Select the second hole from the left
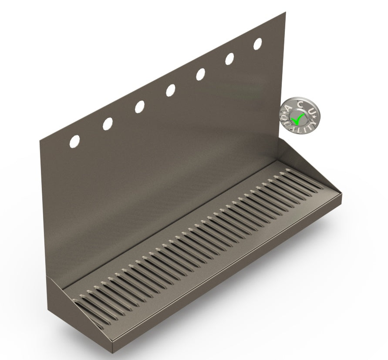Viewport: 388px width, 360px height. tap(108, 124)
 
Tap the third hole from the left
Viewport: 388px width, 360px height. tap(139, 107)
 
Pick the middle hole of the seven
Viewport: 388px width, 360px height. tap(170, 90)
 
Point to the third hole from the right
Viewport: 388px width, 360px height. tap(200, 74)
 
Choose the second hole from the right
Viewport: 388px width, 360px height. tap(229, 59)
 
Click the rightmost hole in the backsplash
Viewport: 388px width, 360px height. tap(258, 44)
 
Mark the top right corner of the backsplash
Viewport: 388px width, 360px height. tap(285, 13)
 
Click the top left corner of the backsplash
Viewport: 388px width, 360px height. tap(40, 140)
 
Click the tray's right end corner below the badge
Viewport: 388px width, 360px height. tap(341, 195)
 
